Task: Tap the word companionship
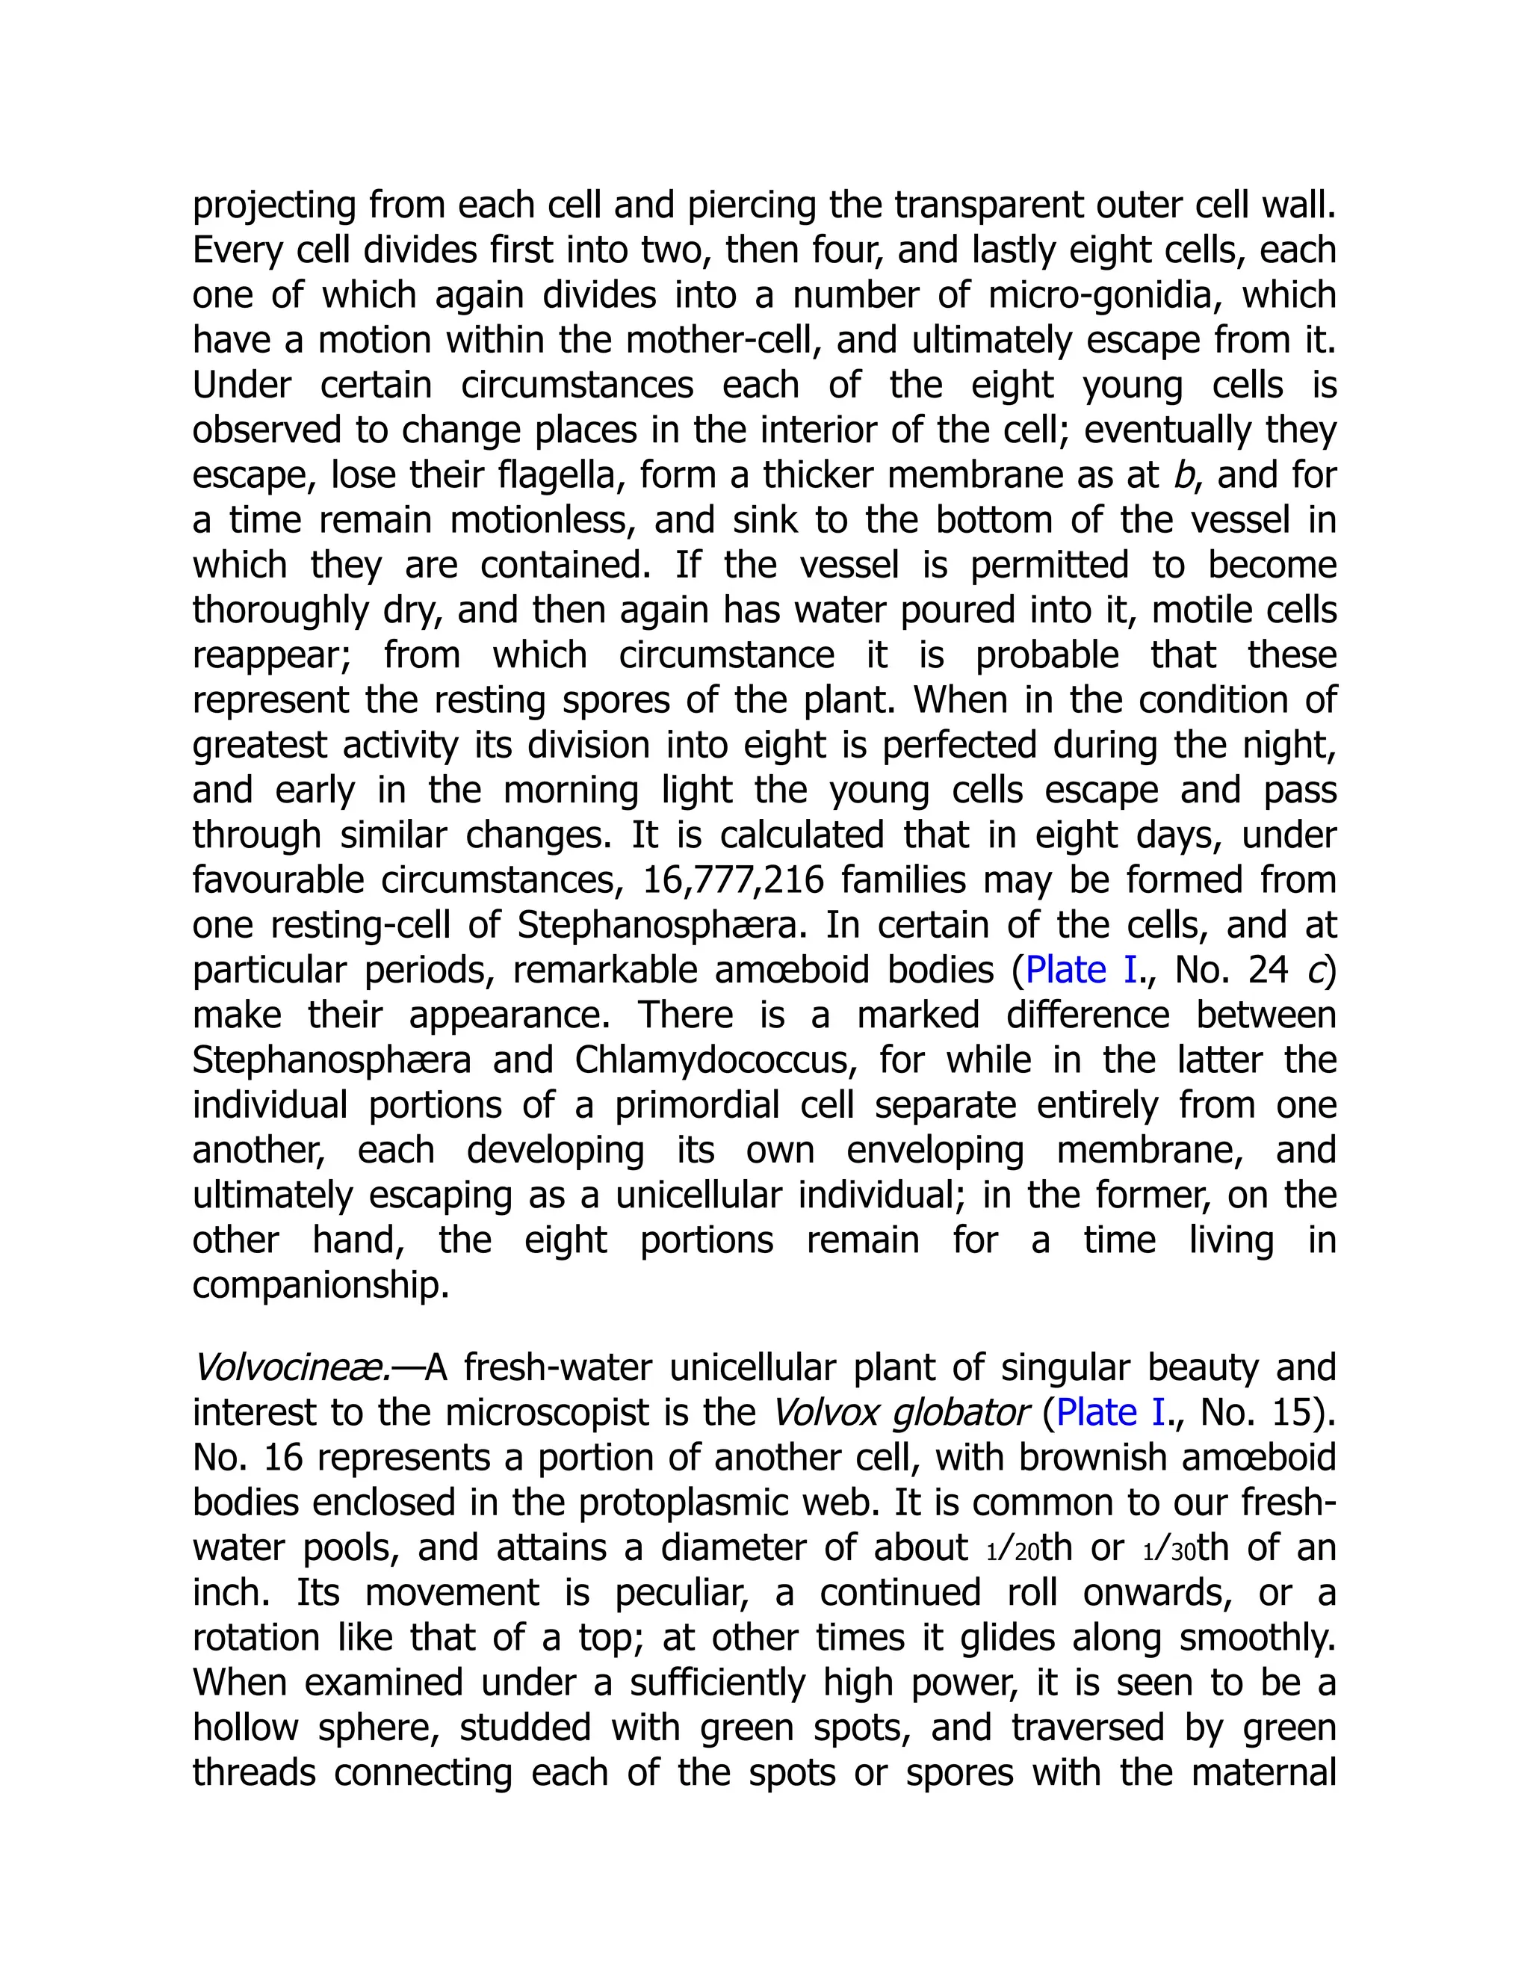pyautogui.click(x=320, y=1286)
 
